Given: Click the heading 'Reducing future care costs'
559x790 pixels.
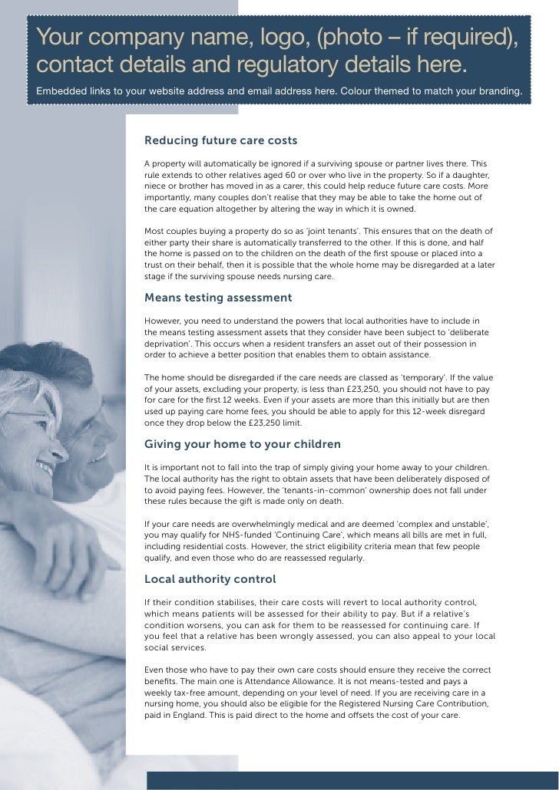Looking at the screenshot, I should pyautogui.click(x=220, y=141).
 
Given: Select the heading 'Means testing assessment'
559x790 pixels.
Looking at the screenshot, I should pyautogui.click(x=218, y=298).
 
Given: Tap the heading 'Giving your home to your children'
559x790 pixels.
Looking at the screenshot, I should pyautogui.click(x=243, y=445).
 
